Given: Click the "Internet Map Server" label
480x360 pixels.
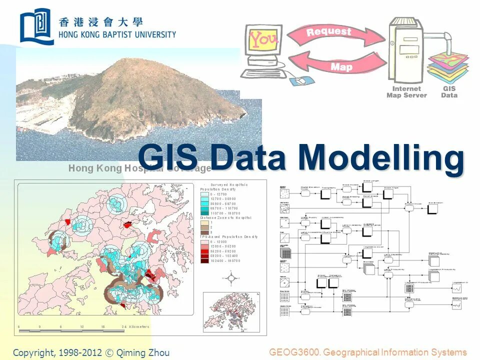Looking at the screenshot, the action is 406,92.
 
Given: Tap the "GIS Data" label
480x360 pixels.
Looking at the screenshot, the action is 449,92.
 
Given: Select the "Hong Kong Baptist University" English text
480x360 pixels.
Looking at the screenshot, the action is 117,34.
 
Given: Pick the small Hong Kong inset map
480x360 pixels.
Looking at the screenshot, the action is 225,311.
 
